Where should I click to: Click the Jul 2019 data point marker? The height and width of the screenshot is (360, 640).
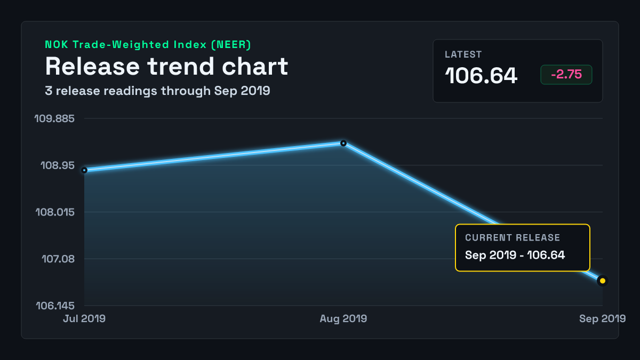click(x=84, y=170)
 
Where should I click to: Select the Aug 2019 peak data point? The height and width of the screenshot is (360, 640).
click(x=343, y=143)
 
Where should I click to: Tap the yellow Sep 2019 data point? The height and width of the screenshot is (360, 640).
click(x=603, y=281)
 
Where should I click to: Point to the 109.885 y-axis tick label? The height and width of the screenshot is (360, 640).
click(x=54, y=118)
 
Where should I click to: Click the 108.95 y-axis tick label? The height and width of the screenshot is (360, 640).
click(x=58, y=165)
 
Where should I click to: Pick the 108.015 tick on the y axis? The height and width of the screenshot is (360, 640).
click(x=55, y=212)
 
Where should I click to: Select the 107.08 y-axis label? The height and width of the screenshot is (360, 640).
click(x=58, y=259)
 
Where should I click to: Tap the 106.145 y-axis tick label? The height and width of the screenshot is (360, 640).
click(x=55, y=306)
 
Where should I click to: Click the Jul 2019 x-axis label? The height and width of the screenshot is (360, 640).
click(x=84, y=318)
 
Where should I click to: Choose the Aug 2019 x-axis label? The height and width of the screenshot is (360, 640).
click(x=343, y=318)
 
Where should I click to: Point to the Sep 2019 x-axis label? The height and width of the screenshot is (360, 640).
click(x=603, y=318)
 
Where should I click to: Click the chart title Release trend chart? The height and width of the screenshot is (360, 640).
click(x=166, y=66)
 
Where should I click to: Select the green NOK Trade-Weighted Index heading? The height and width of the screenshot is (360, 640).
click(x=148, y=45)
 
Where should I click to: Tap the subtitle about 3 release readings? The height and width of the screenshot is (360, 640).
click(x=157, y=91)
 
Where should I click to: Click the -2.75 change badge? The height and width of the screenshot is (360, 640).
click(x=566, y=74)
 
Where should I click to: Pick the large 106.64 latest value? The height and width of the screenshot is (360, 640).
click(x=481, y=76)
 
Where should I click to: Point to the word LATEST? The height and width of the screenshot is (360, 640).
click(x=463, y=54)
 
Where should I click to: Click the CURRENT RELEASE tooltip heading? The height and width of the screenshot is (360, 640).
click(x=513, y=238)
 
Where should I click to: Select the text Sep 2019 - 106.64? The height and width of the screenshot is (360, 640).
click(x=515, y=255)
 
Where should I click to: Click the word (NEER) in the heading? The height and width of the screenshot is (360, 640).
click(x=231, y=45)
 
